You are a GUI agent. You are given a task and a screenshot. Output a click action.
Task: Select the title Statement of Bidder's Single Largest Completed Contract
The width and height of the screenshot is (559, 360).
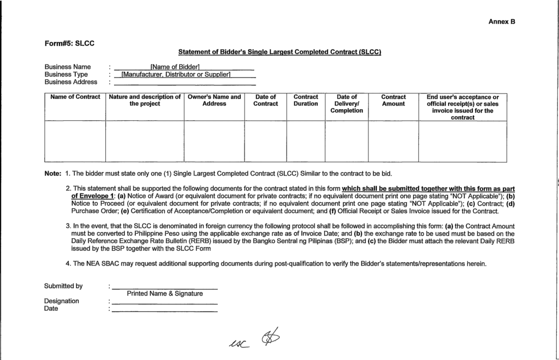[279, 52]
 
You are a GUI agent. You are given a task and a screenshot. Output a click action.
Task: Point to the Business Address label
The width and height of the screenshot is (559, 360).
[70, 82]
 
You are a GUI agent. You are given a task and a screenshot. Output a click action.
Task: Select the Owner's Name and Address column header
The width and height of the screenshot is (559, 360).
[214, 101]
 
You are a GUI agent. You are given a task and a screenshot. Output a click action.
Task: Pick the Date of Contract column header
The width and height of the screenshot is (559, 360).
[265, 101]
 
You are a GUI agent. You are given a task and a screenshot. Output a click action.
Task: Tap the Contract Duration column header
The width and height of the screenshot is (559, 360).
[306, 101]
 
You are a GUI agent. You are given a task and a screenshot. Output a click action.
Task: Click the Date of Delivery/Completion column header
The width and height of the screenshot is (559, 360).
[347, 104]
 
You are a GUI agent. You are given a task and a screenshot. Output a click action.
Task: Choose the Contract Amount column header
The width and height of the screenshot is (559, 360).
[393, 101]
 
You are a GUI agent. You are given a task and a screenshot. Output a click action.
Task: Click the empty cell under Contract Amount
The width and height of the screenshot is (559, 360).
[393, 141]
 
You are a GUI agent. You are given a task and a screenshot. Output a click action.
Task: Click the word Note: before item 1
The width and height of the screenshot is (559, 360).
[52, 174]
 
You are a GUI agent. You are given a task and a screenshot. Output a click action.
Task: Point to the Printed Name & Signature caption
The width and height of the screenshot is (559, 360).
[165, 293]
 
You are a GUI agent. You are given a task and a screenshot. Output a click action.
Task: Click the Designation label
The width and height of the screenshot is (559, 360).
[61, 301]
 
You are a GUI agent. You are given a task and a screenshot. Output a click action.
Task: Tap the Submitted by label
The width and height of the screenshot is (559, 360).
[63, 286]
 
